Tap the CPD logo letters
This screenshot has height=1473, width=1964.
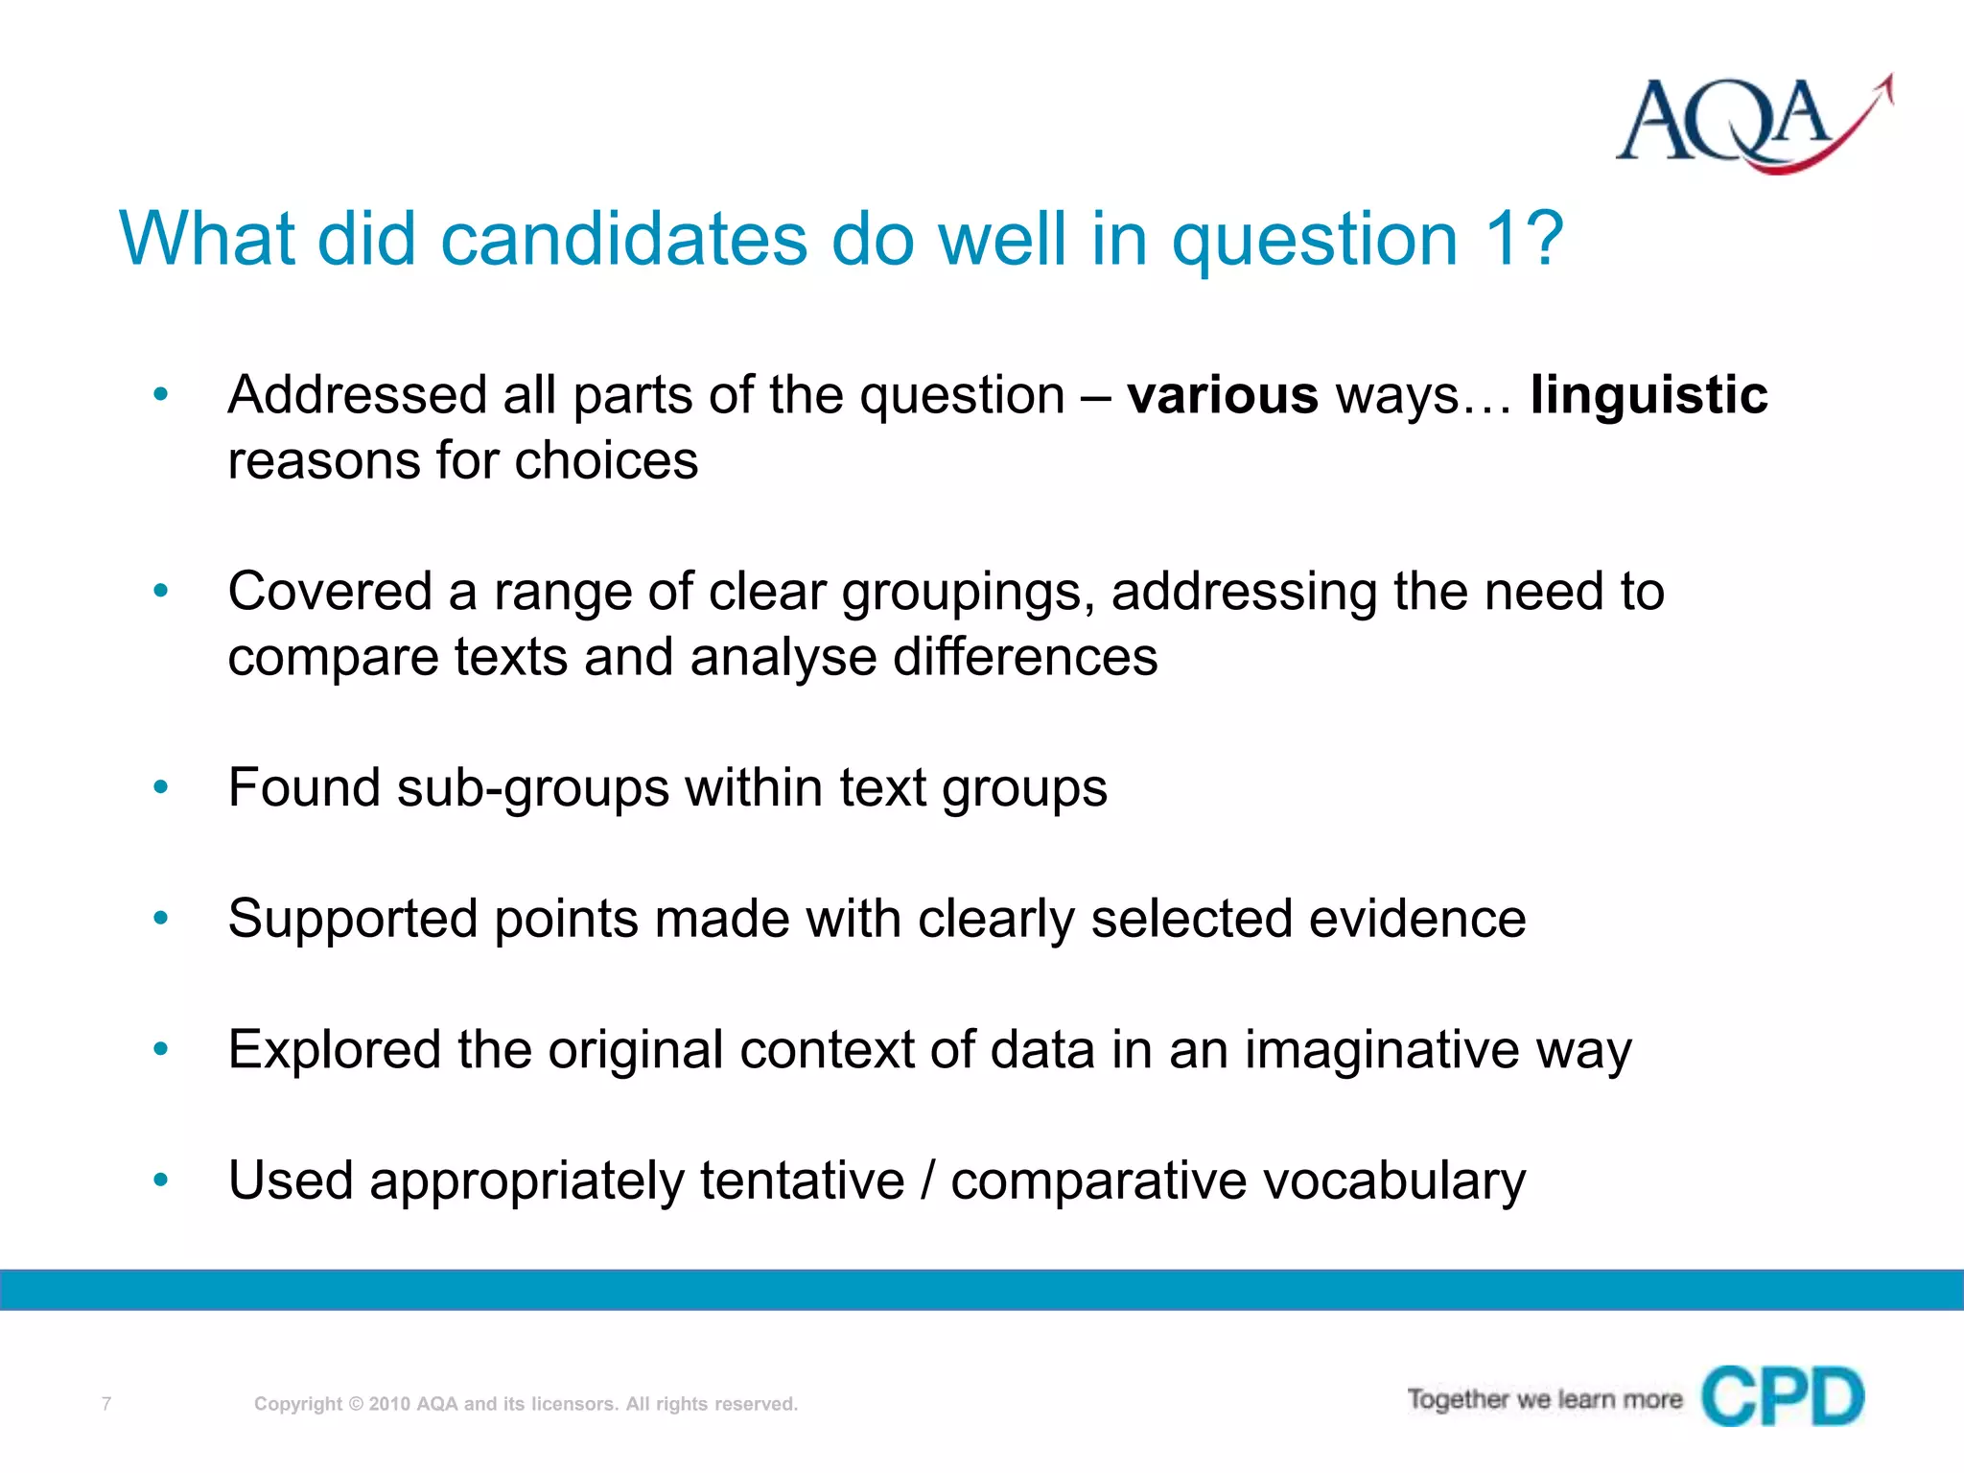(x=1783, y=1397)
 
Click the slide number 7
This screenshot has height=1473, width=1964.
(x=106, y=1404)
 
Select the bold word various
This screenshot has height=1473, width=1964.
(x=1223, y=395)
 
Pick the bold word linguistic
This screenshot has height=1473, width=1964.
(x=1648, y=395)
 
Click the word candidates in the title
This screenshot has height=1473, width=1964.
(x=623, y=239)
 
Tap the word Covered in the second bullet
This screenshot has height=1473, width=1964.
(x=329, y=592)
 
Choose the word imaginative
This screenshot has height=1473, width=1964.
(x=1382, y=1050)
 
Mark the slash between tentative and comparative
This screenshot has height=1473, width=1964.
(x=927, y=1181)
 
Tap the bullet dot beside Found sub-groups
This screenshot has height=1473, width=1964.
(x=161, y=788)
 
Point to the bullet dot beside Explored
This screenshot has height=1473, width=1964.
(x=161, y=1050)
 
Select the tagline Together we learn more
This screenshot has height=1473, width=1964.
(x=1544, y=1400)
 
